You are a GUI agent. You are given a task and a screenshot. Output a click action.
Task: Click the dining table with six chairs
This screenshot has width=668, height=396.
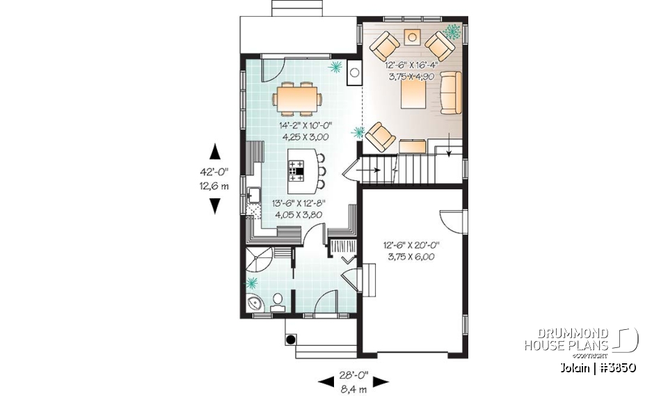coord(298,97)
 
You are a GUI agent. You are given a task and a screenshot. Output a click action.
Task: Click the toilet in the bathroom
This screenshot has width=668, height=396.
coord(278,300)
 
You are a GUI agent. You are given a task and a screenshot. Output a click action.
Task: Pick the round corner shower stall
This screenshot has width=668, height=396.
coord(256,263)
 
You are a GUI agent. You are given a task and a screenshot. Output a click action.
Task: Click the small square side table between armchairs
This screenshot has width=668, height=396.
coord(413,36)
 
